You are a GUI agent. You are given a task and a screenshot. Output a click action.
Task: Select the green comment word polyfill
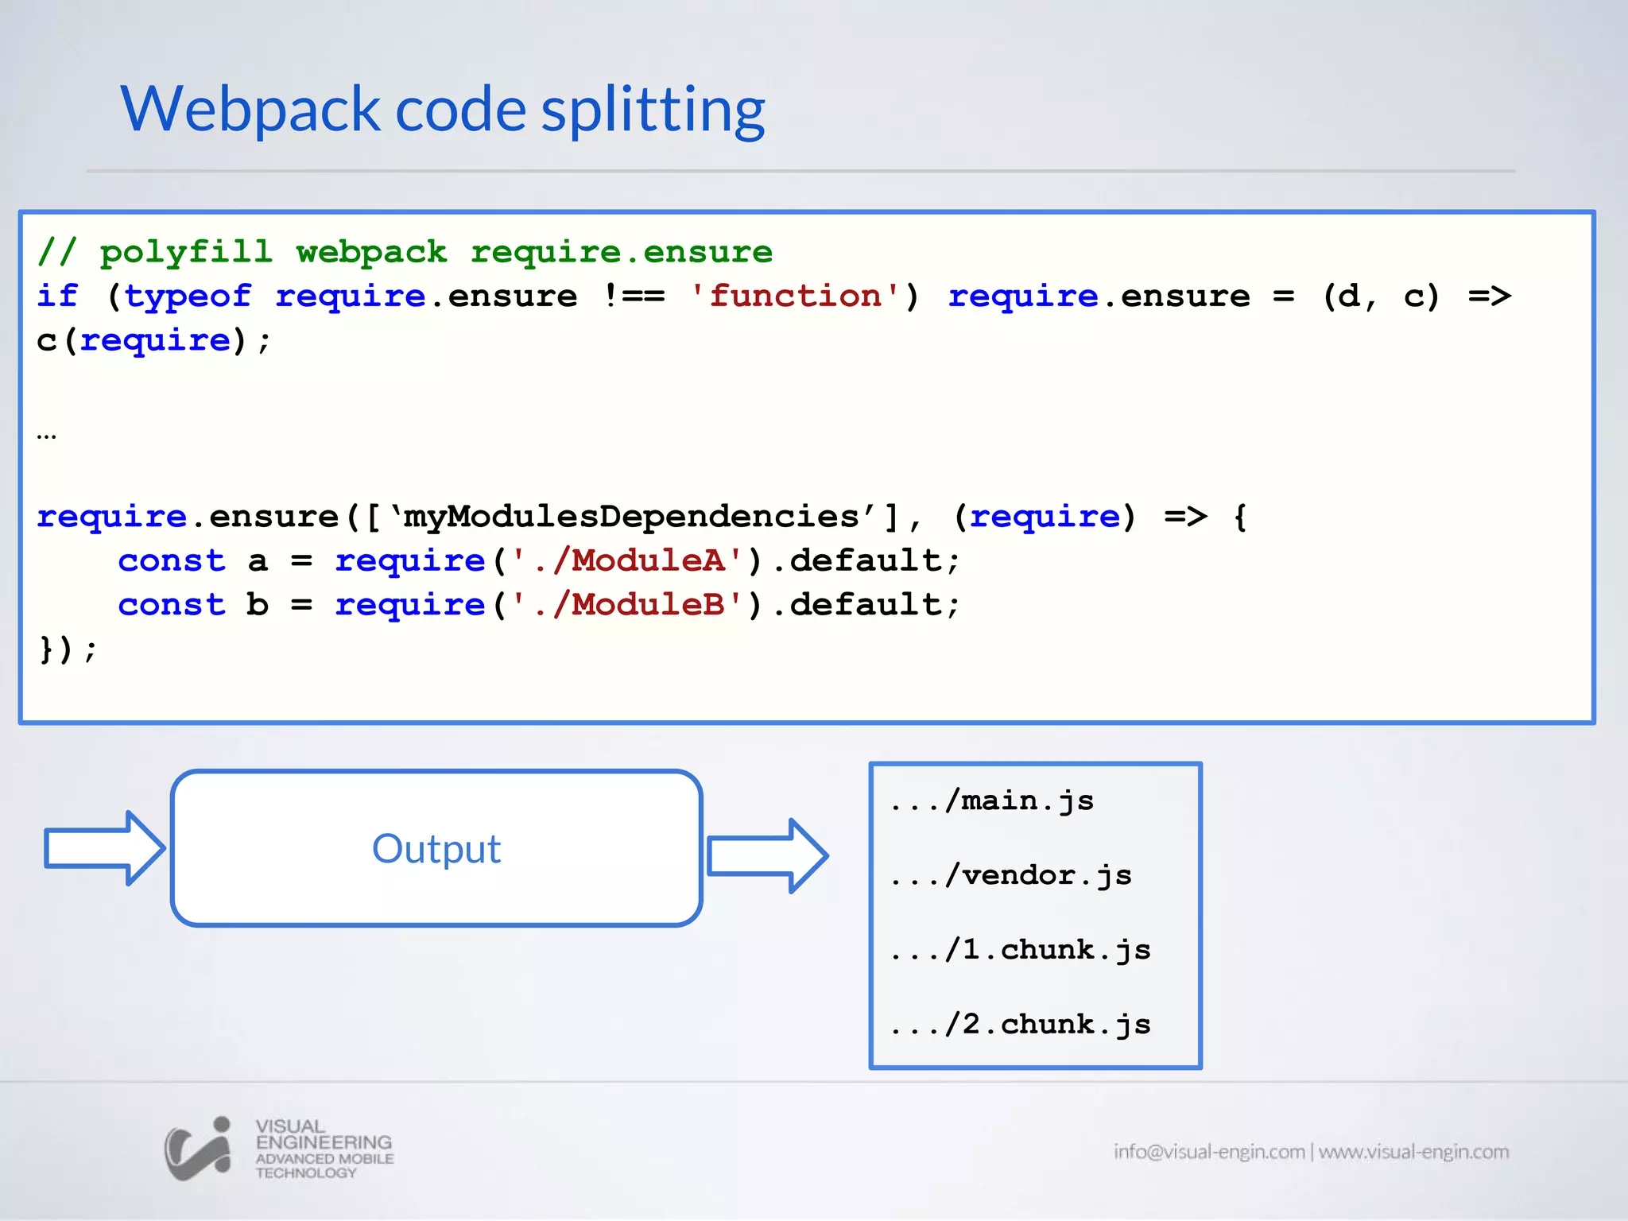click(x=186, y=253)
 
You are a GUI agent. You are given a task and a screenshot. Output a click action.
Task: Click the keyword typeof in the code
click(x=188, y=297)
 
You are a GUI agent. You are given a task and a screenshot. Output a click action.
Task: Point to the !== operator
click(x=634, y=297)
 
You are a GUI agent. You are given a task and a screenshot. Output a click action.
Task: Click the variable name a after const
click(x=258, y=561)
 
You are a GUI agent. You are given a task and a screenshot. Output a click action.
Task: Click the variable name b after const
click(x=258, y=606)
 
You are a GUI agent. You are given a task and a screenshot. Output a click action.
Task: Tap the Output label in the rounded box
click(x=436, y=849)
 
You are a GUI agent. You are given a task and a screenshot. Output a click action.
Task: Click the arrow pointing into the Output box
click(x=104, y=848)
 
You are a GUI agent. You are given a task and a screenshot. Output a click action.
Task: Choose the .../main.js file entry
click(x=992, y=801)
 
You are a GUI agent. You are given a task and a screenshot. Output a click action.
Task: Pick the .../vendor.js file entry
click(x=1011, y=876)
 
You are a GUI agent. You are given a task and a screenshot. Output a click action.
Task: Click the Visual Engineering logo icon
click(x=198, y=1149)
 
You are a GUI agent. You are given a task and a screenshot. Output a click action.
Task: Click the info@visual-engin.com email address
click(x=1209, y=1152)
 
